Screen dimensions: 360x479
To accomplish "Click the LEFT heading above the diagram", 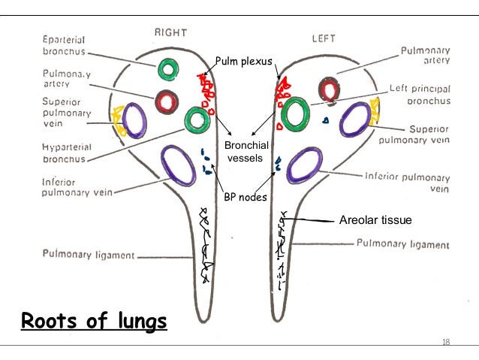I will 326,35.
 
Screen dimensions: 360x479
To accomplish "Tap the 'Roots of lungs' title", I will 94,322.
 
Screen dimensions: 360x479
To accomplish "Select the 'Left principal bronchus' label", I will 420,93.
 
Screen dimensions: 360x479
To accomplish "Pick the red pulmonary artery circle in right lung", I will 167,101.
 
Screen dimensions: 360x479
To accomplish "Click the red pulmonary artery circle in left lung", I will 328,90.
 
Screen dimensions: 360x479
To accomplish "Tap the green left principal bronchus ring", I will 295,113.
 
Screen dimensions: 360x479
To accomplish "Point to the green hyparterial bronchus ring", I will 197,119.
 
